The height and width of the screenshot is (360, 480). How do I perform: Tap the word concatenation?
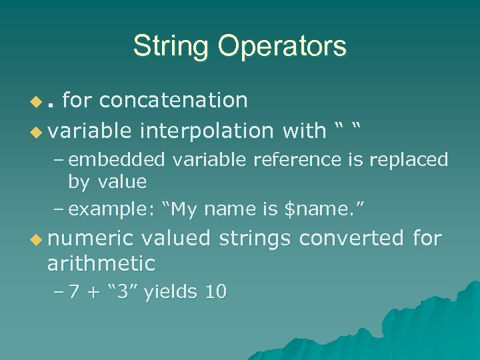point(174,100)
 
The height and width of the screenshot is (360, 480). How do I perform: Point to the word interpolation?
point(207,131)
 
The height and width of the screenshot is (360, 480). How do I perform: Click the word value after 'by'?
point(122,181)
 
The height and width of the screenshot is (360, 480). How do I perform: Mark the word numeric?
point(90,238)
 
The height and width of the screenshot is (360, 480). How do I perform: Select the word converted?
point(351,238)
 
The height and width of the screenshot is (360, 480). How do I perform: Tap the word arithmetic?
point(101,263)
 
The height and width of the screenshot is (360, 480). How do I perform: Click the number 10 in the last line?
point(217,291)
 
